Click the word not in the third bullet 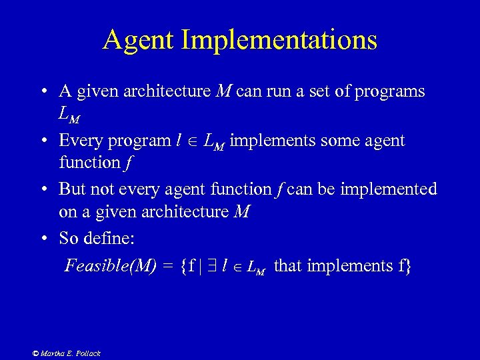click(x=100, y=189)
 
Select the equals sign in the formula click(x=167, y=267)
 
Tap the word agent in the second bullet click(x=381, y=141)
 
